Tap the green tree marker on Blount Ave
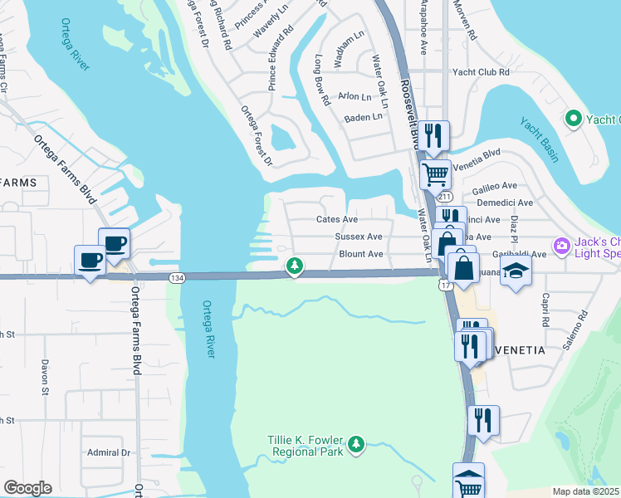tap(293, 266)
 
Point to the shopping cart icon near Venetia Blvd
tap(435, 174)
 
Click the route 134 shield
tap(176, 277)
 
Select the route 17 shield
tap(446, 285)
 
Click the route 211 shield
tap(446, 197)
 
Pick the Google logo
tap(27, 488)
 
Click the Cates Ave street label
tap(336, 220)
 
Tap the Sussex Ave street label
tap(359, 237)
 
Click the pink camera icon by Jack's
tap(562, 245)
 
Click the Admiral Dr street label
tap(110, 452)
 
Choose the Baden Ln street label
tap(364, 117)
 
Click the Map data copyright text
tap(586, 491)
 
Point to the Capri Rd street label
tap(545, 310)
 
